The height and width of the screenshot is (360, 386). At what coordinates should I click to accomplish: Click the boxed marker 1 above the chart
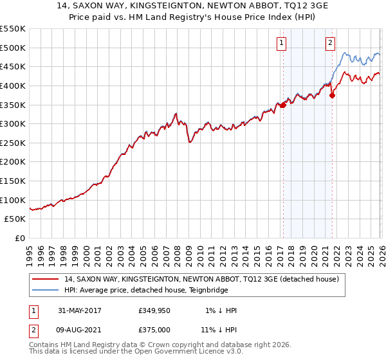click(x=282, y=43)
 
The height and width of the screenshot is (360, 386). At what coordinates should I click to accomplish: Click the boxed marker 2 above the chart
click(x=330, y=43)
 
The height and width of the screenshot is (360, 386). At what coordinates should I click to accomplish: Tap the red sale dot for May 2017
click(x=282, y=105)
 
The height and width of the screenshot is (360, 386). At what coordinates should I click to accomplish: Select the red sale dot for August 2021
click(x=333, y=95)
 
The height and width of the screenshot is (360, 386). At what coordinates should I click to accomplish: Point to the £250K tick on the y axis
click(x=14, y=143)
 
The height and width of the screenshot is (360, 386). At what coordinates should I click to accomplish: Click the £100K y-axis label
click(x=14, y=200)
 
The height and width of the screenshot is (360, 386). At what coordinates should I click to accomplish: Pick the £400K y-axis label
click(x=14, y=85)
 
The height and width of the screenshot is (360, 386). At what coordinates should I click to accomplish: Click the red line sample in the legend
click(x=46, y=278)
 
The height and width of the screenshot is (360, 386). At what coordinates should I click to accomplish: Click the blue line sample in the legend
click(x=46, y=290)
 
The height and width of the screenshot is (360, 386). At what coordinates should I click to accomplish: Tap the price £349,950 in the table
click(x=154, y=310)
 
